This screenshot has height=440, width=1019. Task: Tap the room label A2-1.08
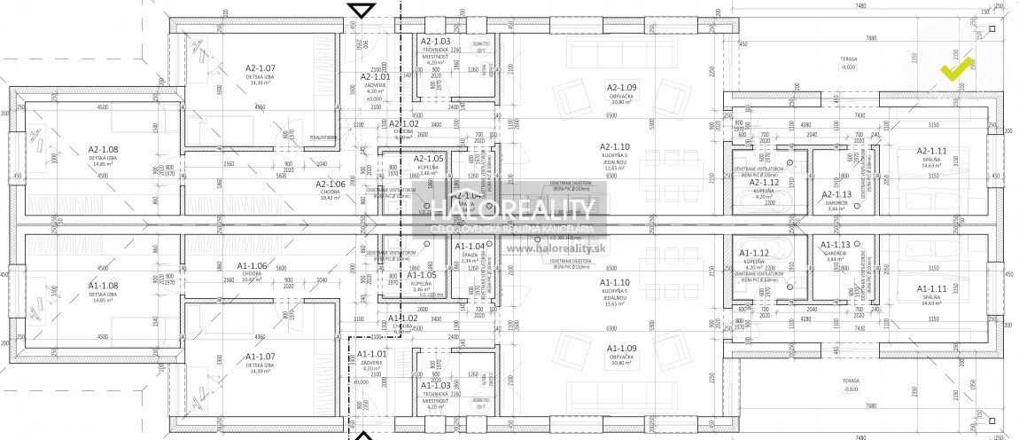tap(103, 149)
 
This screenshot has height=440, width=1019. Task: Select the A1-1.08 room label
tap(103, 286)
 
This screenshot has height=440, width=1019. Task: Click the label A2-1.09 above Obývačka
tap(622, 87)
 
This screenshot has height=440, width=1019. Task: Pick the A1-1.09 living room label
tap(622, 348)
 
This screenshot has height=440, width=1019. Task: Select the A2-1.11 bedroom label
tap(932, 151)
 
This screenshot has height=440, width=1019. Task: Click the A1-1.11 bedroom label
tap(932, 289)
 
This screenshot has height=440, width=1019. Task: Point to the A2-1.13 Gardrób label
tap(836, 194)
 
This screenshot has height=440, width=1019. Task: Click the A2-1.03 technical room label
tap(436, 42)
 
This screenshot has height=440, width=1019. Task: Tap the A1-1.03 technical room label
tap(436, 386)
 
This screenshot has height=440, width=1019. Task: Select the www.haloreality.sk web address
tap(550, 249)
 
